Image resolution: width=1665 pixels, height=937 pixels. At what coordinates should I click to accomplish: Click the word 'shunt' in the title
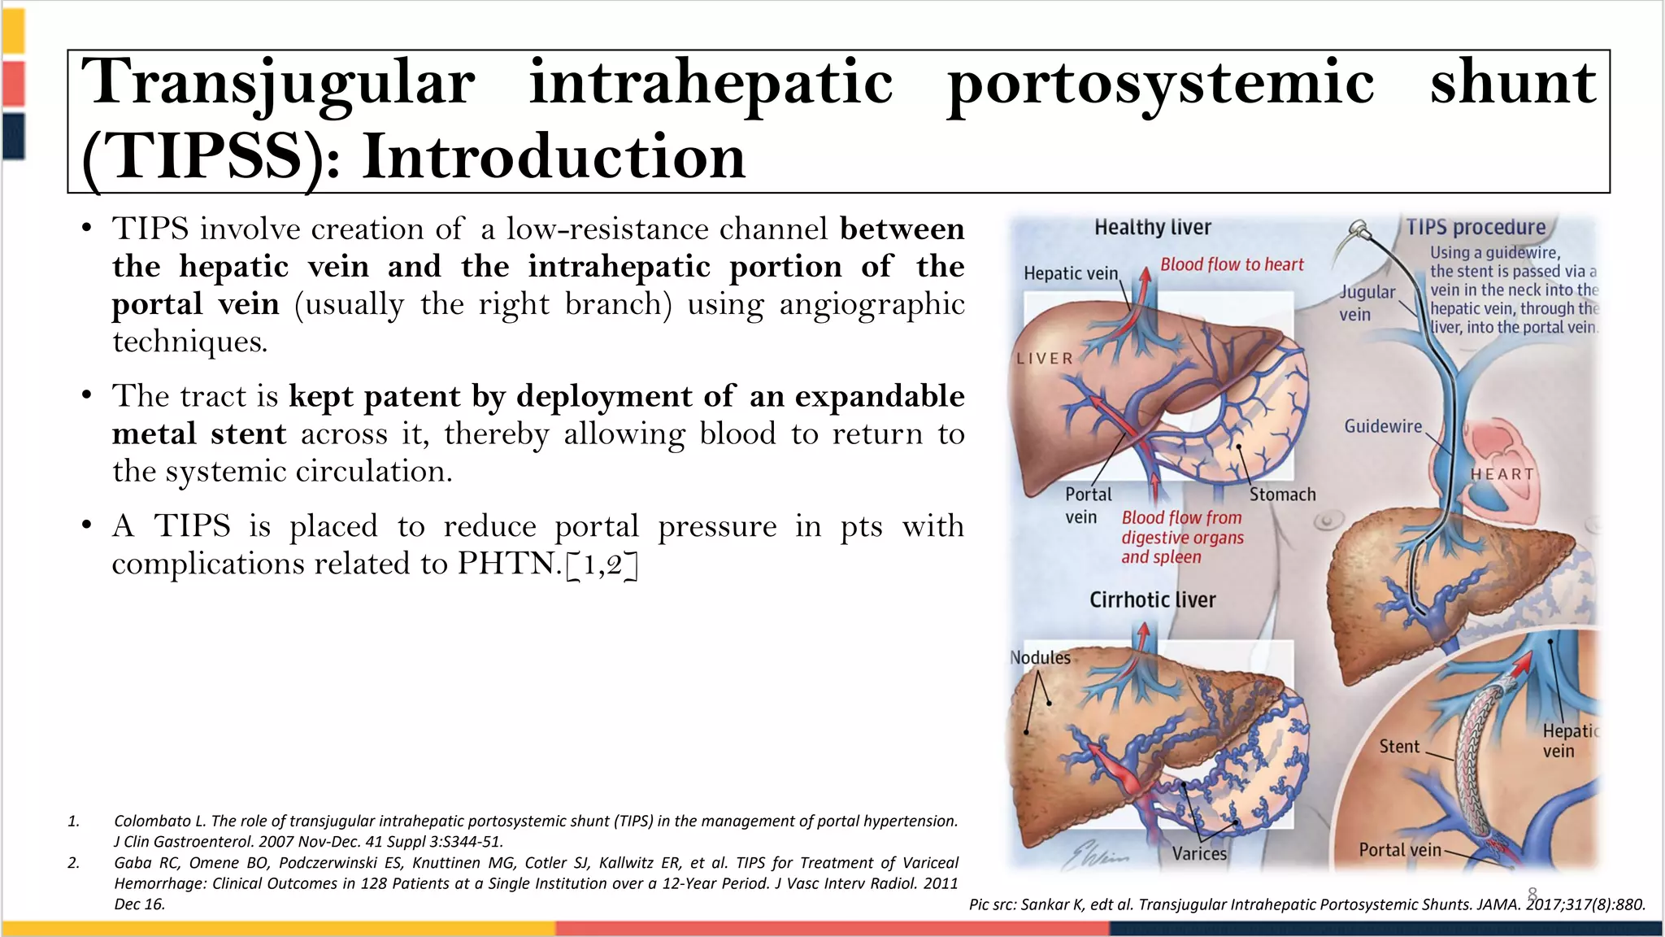pos(1513,83)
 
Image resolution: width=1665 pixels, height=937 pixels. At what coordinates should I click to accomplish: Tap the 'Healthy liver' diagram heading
pos(1152,228)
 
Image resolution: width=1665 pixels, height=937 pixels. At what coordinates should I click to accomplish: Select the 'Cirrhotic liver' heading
pos(1152,600)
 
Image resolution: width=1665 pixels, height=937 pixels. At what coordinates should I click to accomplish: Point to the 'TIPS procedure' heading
pos(1476,228)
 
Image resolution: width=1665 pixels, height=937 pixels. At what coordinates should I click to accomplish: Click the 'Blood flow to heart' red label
pos(1231,264)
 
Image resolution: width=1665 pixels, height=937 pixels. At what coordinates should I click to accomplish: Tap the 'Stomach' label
pos(1282,495)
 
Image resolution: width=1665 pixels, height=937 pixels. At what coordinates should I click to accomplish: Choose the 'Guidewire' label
pos(1383,426)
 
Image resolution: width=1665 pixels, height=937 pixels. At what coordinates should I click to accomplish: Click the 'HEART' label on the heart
pos(1502,474)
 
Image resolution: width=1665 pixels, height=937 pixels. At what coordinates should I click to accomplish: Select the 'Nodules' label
pos(1040,657)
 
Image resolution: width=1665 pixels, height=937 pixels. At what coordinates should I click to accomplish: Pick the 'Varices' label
pos(1199,853)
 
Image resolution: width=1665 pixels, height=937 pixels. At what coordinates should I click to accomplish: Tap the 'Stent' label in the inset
pos(1399,747)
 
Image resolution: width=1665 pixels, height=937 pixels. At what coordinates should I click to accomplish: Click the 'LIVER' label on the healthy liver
pos(1045,359)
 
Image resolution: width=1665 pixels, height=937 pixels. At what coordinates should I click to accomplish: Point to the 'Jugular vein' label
pos(1367,303)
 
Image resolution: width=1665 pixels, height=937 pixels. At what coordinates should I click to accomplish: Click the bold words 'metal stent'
pos(199,434)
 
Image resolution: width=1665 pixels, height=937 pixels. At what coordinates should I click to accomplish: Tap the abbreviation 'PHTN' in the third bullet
pos(509,564)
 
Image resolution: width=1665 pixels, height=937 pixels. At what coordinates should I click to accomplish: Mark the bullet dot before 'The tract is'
pos(86,396)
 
